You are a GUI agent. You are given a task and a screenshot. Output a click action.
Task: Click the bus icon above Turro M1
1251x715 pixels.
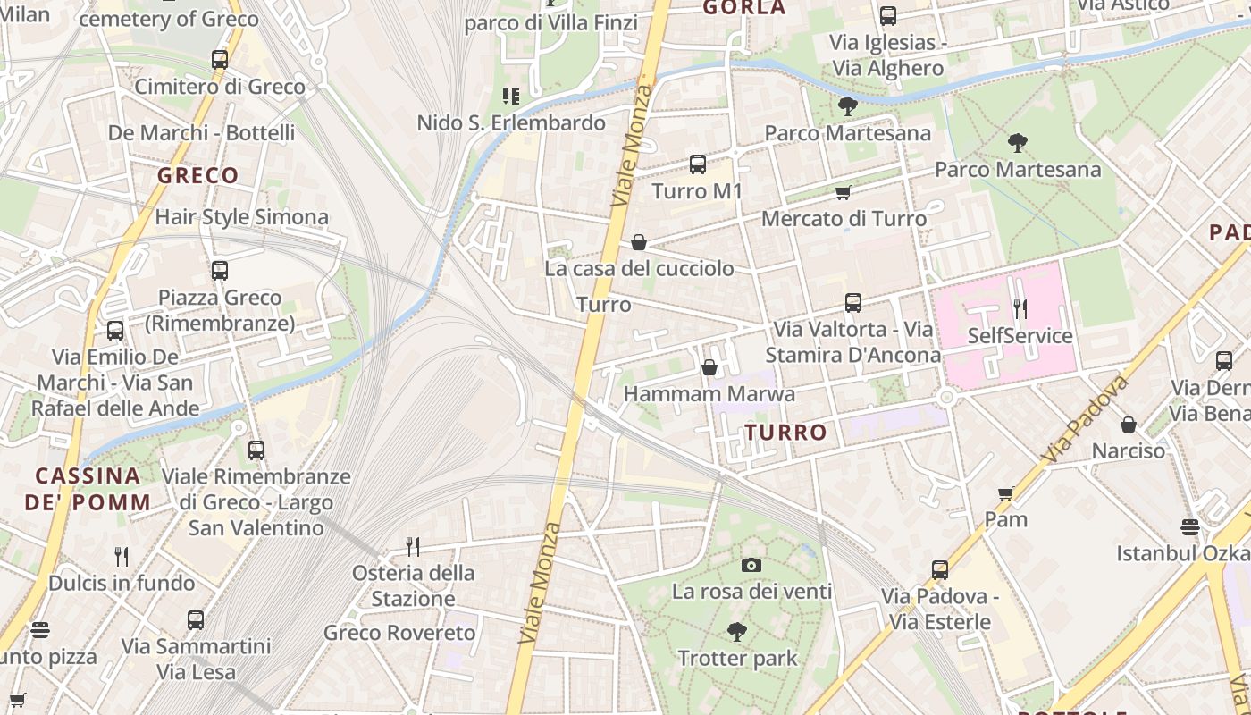(x=698, y=164)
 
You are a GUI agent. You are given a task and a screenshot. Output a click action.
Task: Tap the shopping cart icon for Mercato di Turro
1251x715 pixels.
(x=843, y=192)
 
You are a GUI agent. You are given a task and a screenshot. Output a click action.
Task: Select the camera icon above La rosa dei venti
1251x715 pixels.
(x=751, y=565)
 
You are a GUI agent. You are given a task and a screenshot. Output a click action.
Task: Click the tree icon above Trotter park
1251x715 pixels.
(x=736, y=633)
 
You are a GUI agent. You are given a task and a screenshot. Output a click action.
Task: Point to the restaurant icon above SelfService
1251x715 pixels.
(x=1020, y=309)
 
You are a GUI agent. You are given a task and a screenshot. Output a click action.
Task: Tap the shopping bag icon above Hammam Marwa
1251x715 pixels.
(x=709, y=367)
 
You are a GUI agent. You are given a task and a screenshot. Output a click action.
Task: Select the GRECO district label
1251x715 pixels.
(x=197, y=175)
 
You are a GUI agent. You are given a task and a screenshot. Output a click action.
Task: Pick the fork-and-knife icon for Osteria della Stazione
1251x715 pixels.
(x=412, y=546)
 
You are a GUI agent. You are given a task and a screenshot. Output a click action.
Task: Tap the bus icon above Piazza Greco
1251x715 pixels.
(x=219, y=271)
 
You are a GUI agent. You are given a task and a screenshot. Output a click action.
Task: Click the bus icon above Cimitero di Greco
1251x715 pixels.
(x=219, y=60)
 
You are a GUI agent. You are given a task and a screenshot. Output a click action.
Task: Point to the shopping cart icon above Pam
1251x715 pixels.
(x=1006, y=493)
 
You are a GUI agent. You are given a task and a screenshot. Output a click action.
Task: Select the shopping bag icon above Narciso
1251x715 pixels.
(x=1129, y=425)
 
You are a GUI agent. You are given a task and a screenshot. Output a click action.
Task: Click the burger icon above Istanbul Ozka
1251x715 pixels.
(x=1189, y=526)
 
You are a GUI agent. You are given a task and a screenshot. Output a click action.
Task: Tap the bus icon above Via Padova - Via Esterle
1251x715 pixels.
(x=939, y=570)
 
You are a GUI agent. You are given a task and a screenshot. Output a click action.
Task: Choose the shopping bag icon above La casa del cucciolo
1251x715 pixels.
(x=639, y=242)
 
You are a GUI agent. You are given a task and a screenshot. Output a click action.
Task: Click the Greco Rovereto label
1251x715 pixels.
(x=399, y=633)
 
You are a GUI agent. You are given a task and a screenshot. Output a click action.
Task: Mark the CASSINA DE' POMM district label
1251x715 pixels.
(x=88, y=489)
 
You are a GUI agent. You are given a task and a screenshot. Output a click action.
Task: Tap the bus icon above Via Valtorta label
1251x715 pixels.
(x=853, y=303)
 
